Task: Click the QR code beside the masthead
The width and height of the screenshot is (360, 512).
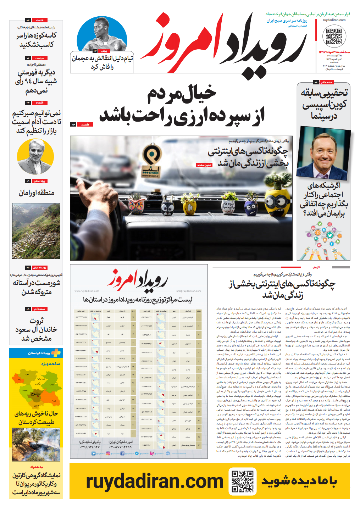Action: [334, 36]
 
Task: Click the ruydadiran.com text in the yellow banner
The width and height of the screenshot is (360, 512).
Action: [155, 481]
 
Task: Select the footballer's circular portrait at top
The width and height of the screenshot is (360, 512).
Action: [102, 34]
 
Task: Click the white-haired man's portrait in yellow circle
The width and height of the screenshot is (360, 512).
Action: [35, 156]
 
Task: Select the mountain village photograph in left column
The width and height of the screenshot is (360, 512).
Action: [36, 231]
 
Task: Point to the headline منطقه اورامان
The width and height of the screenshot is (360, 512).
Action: [37, 193]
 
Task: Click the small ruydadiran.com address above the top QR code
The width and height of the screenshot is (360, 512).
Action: [334, 20]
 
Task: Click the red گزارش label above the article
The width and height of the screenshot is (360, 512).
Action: [316, 267]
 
